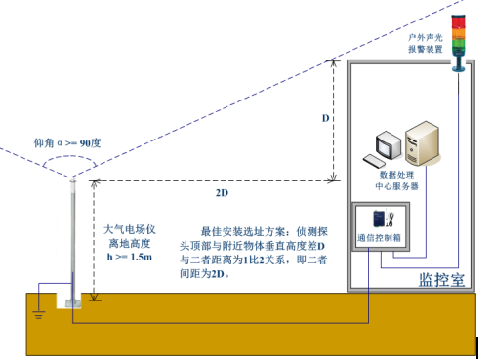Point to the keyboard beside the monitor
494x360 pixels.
click(374, 160)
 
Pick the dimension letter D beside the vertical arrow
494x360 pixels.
click(325, 118)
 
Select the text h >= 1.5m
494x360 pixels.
click(129, 256)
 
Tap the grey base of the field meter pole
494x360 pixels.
click(74, 302)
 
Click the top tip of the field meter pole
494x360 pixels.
click(73, 179)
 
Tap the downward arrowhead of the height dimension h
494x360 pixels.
click(94, 297)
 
